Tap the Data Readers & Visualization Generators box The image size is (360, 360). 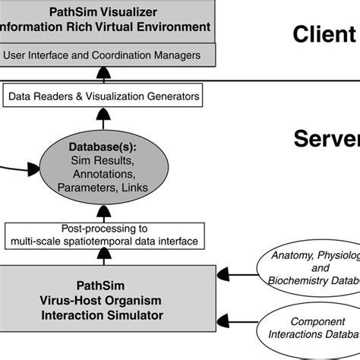click(x=102, y=96)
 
